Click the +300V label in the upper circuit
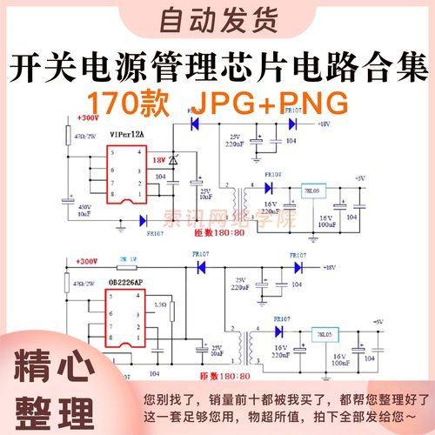click(x=88, y=118)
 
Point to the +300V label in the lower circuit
click(x=88, y=261)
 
